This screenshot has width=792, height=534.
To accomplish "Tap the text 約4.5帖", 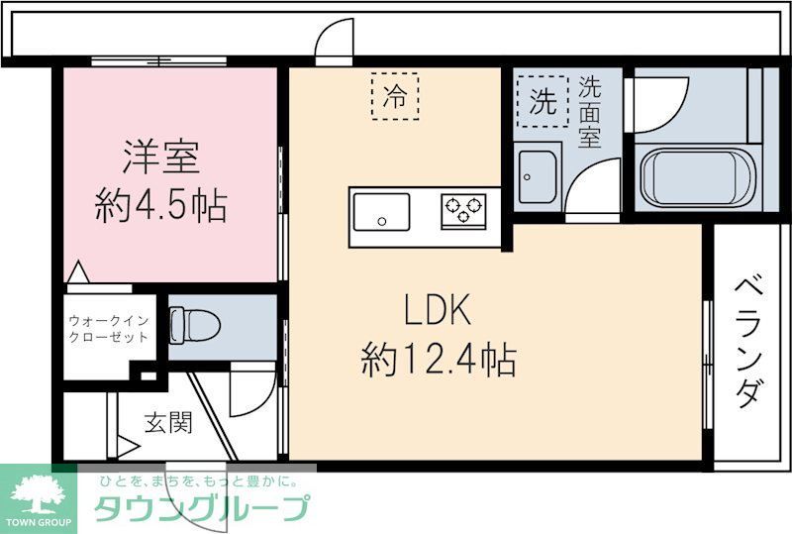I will [x=161, y=207].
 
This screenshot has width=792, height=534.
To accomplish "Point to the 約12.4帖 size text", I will [x=439, y=361].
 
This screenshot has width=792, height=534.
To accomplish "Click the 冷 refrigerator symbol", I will [x=395, y=96].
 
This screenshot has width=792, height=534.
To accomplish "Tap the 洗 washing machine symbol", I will [x=542, y=101].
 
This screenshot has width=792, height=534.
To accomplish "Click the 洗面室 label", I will [x=590, y=113].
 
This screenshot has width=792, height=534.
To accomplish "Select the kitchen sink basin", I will [x=380, y=212].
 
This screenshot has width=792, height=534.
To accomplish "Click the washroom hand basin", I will [x=538, y=176].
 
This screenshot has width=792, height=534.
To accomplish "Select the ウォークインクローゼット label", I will [x=109, y=328].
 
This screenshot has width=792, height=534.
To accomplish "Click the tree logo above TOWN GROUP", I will [x=38, y=491].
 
